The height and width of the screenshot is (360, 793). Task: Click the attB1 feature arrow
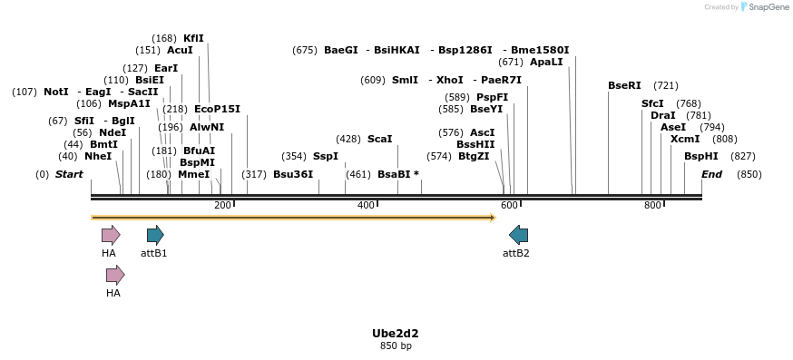pyautogui.click(x=155, y=236)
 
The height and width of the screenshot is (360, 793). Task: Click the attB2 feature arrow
pyautogui.click(x=519, y=236)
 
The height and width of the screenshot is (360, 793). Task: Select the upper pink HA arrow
pyautogui.click(x=111, y=236)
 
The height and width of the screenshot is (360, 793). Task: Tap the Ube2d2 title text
pyautogui.click(x=396, y=334)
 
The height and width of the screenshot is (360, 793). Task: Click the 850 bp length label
pyautogui.click(x=396, y=346)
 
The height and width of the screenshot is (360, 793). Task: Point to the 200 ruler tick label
pyautogui.click(x=222, y=206)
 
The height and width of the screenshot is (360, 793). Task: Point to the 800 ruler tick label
pyautogui.click(x=652, y=206)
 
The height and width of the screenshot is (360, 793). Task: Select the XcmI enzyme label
pyautogui.click(x=685, y=139)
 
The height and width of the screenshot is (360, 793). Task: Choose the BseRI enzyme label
pyautogui.click(x=624, y=85)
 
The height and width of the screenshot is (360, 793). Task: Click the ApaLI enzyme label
pyautogui.click(x=545, y=62)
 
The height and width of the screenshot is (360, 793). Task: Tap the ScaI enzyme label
pyautogui.click(x=379, y=139)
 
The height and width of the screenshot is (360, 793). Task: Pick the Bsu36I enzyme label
pyautogui.click(x=293, y=174)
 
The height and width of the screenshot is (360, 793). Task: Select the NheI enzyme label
pyautogui.click(x=98, y=156)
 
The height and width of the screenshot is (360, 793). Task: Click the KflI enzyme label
pyautogui.click(x=193, y=38)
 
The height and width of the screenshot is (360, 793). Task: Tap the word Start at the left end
pyautogui.click(x=69, y=174)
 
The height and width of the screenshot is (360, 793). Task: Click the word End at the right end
pyautogui.click(x=711, y=174)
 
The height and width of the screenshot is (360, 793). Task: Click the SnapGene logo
pyautogui.click(x=767, y=7)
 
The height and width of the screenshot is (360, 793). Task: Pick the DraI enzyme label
pyautogui.click(x=663, y=115)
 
